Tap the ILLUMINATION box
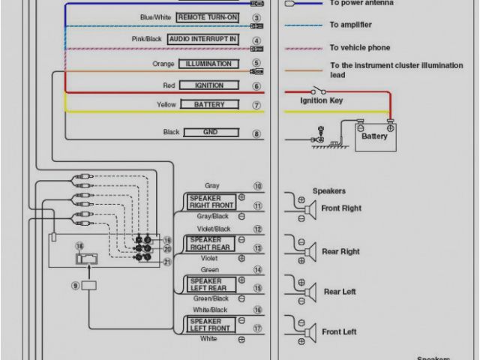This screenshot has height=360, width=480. pos(208,64)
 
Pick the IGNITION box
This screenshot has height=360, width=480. pos(209,85)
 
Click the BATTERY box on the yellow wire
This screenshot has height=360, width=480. pos(209,105)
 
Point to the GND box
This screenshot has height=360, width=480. pos(211,132)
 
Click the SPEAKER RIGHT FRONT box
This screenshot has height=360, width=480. pos(211,201)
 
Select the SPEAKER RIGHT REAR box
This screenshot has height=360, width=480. pos(211,244)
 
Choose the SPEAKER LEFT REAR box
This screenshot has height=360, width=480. pos(211,284)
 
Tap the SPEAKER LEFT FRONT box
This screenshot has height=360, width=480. pos(211,325)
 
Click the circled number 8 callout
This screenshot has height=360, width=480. pos(257,134)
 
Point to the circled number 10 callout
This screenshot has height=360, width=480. pos(257,187)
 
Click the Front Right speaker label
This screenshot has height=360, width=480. pos(341,208)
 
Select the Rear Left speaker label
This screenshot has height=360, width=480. pos(340,292)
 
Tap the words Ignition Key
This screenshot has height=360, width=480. pos(322,100)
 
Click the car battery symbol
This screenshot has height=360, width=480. pos(374,136)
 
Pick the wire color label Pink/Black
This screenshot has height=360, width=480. pos(147,39)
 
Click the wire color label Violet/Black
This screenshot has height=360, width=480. pos(214,229)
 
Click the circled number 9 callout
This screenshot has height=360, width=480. pos(75,286)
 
